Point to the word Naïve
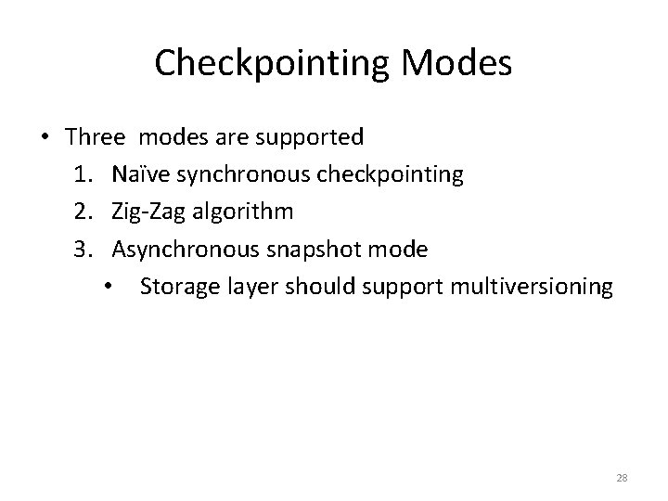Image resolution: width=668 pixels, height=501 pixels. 140,174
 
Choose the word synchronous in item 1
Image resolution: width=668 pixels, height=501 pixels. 238,175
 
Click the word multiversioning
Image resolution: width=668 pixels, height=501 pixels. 530,288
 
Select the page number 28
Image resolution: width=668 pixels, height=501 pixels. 623,478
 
